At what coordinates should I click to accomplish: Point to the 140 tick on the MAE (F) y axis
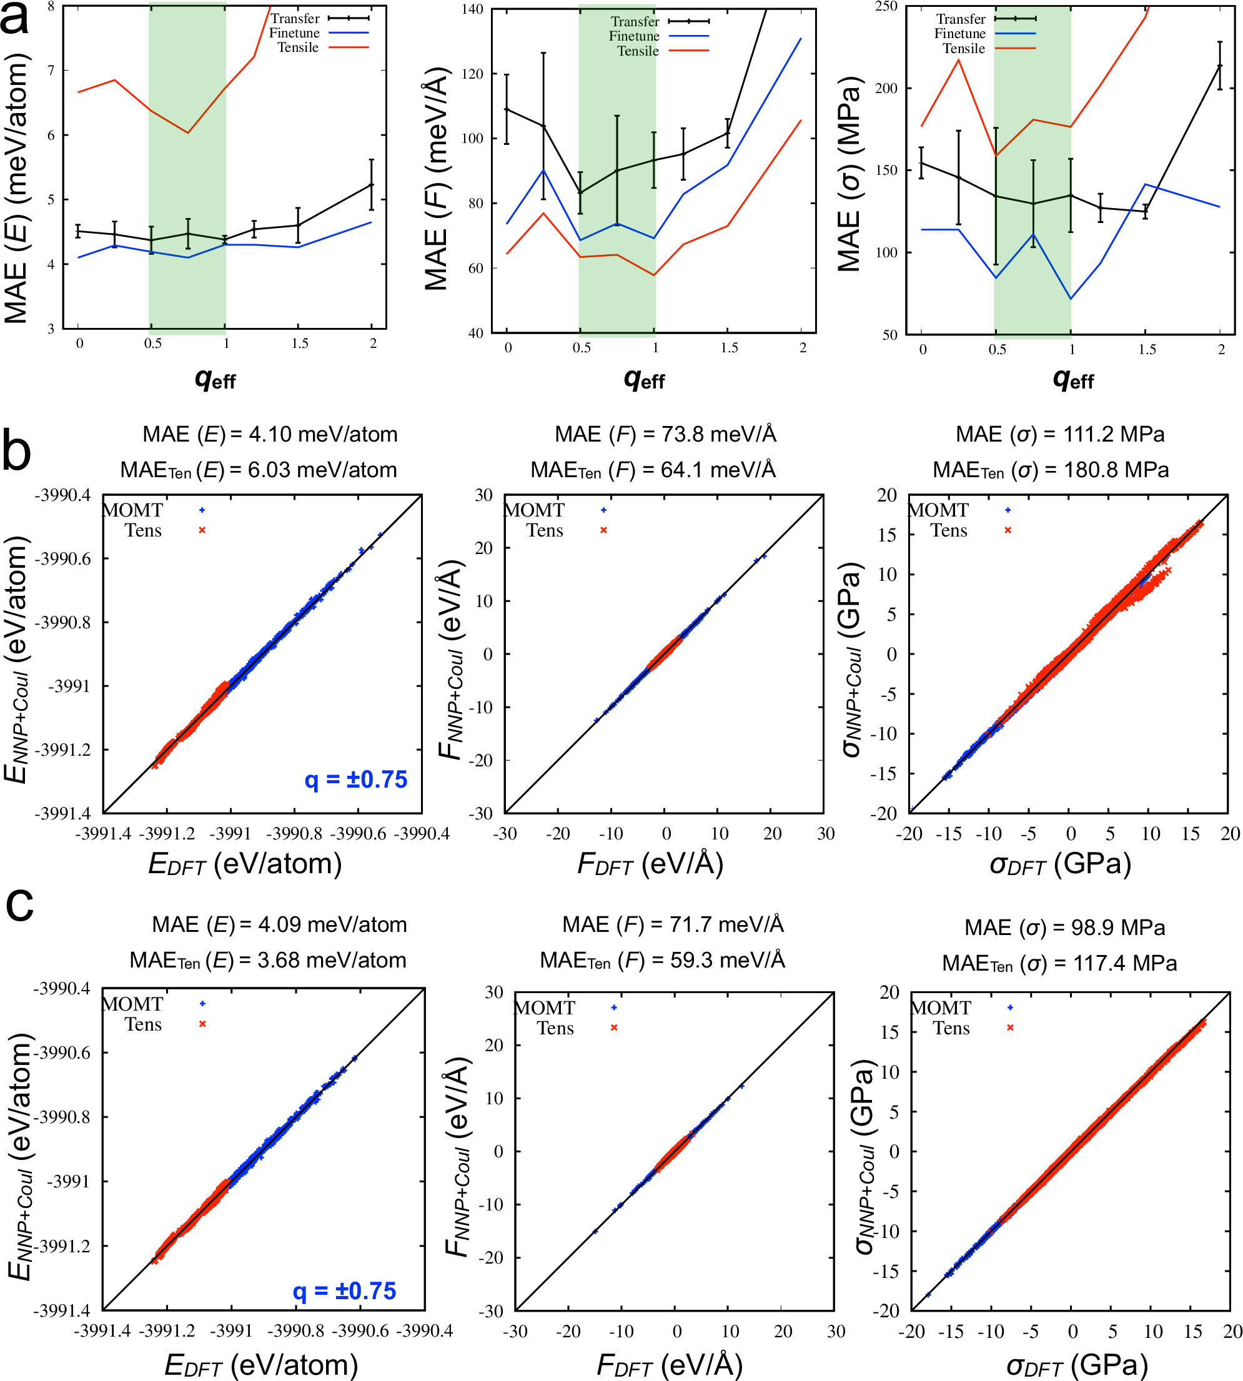(x=473, y=9)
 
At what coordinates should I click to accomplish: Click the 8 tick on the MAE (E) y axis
(x=51, y=6)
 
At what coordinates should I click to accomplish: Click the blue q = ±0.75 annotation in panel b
(x=356, y=780)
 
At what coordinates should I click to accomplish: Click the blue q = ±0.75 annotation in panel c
(x=345, y=1291)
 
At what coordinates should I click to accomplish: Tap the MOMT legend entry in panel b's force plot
(x=535, y=510)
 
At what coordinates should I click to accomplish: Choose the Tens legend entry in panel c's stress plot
(x=951, y=1028)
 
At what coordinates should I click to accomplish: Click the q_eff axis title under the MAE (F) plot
(x=643, y=379)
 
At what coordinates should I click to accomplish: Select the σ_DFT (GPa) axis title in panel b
(x=1060, y=864)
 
